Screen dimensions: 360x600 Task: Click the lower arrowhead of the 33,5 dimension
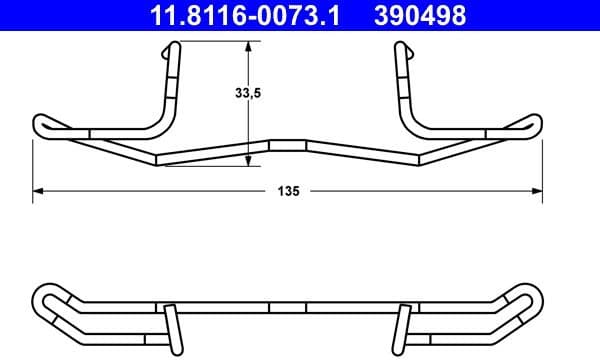click(x=249, y=161)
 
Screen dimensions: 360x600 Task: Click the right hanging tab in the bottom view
click(x=404, y=325)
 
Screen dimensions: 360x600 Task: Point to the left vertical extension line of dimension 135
click(x=33, y=165)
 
